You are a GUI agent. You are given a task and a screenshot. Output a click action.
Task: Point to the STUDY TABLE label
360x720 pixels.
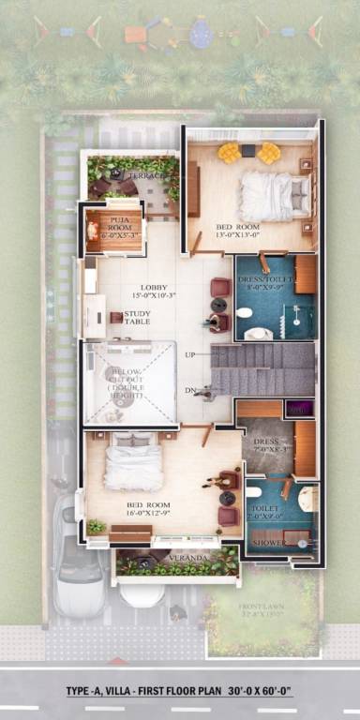click(x=137, y=318)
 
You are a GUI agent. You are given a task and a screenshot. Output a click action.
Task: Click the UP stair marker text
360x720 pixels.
click(x=190, y=354)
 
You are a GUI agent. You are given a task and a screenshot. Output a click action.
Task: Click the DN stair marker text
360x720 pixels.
click(x=190, y=390)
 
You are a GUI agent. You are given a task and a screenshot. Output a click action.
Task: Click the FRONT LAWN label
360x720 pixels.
click(x=262, y=608)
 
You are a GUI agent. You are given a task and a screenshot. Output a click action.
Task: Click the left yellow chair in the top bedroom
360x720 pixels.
click(x=228, y=151)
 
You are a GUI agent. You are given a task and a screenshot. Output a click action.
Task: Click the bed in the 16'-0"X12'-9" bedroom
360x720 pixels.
click(x=134, y=463)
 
